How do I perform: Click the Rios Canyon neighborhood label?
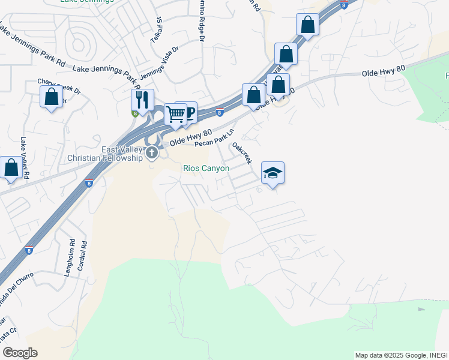click(206, 169)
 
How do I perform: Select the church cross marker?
click(152, 153)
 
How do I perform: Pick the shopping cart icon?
click(175, 113)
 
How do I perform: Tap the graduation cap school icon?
click(273, 173)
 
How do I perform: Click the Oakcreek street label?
click(242, 153)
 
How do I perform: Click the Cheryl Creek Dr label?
click(59, 86)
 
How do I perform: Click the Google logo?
click(20, 353)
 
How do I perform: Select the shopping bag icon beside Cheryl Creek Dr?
click(52, 96)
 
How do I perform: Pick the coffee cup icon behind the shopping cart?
click(188, 111)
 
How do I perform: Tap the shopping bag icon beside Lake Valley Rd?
click(11, 168)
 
